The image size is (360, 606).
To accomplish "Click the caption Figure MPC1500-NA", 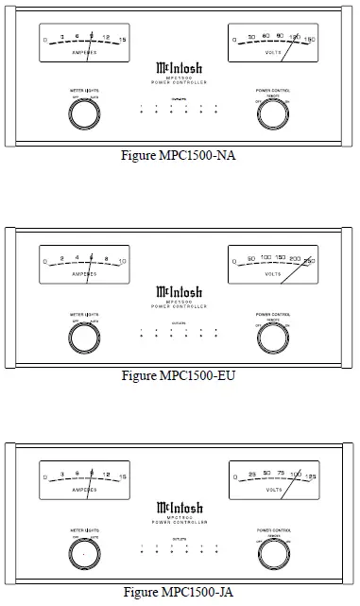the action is pyautogui.click(x=180, y=155).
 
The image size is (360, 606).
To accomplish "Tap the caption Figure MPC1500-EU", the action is pyautogui.click(x=180, y=375).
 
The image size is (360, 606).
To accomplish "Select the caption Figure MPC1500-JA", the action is pyautogui.click(x=180, y=593).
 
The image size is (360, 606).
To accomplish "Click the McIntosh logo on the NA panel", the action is pyautogui.click(x=180, y=69).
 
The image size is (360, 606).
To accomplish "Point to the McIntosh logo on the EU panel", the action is pyautogui.click(x=180, y=290).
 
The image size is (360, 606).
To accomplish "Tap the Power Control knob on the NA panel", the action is pyautogui.click(x=274, y=113).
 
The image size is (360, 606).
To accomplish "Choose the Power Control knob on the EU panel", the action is pyautogui.click(x=274, y=334).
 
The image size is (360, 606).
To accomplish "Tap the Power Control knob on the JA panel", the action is pyautogui.click(x=274, y=552).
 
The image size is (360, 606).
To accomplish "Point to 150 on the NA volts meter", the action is pyautogui.click(x=310, y=38).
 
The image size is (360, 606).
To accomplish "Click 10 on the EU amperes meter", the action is pyautogui.click(x=122, y=259).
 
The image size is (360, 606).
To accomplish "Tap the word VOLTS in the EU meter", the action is pyautogui.click(x=274, y=274).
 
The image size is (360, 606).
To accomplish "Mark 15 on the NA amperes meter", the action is pyautogui.click(x=122, y=38).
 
